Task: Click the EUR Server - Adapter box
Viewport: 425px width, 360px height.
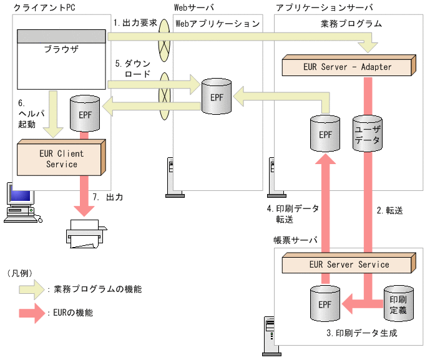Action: coord(347,67)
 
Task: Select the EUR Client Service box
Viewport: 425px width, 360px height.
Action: coord(61,158)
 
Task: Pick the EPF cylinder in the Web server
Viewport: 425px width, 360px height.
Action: coord(216,97)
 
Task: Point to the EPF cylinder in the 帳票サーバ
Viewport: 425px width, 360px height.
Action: coord(325,304)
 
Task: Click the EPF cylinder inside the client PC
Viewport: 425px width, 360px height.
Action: coord(84,114)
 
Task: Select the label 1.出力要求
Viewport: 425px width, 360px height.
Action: coord(135,22)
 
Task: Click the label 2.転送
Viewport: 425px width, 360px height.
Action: coord(390,210)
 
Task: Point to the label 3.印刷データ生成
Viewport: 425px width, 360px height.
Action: coord(361,333)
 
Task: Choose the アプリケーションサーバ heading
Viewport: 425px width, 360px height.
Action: coord(324,7)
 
